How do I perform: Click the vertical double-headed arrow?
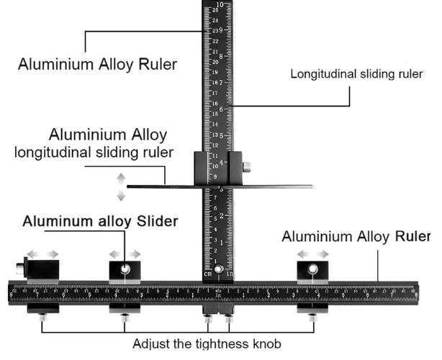pos(121,187)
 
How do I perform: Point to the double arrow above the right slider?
pos(313,254)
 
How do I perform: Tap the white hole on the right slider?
pos(313,270)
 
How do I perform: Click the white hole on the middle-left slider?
pos(125,270)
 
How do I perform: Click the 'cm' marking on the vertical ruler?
pos(208,274)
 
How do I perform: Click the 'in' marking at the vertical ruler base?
pos(230,274)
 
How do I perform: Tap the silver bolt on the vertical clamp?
pos(247,168)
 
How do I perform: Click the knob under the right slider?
pos(312,316)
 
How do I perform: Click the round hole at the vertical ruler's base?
pos(219,269)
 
